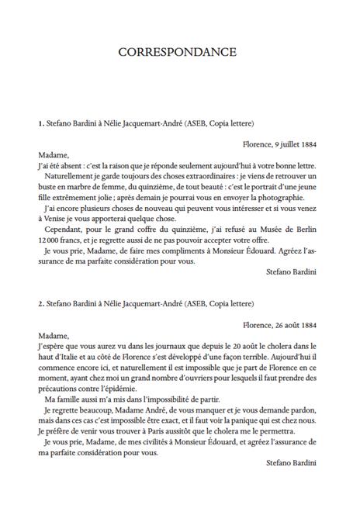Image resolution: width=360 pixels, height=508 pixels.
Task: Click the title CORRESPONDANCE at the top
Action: (x=180, y=52)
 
